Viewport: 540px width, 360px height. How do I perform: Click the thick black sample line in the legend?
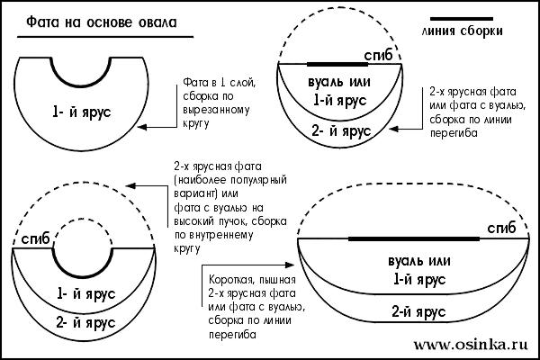click(x=463, y=18)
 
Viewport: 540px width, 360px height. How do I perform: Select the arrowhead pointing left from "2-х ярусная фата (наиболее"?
click(x=130, y=187)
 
